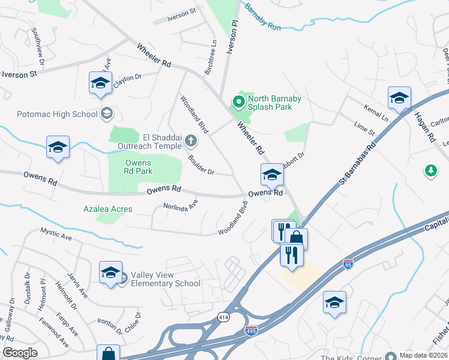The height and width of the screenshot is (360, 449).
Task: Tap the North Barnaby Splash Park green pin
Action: coord(238,103)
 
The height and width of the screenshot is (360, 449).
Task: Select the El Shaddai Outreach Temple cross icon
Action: coord(191,142)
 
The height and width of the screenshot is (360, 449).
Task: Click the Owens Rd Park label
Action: coord(139,167)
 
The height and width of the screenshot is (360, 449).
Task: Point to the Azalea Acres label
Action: coord(108,209)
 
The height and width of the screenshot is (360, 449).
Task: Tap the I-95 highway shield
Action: coord(348,263)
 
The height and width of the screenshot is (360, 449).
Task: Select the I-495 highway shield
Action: coord(252,331)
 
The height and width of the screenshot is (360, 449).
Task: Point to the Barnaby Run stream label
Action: coord(263,17)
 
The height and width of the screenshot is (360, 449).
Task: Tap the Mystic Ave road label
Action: coord(56,233)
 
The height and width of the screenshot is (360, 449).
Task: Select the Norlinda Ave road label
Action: coord(181,208)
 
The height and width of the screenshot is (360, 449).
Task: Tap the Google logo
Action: coord(20,353)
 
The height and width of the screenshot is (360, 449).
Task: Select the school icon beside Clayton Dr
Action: coord(100,83)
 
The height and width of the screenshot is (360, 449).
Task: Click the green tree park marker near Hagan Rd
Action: coord(430,172)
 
